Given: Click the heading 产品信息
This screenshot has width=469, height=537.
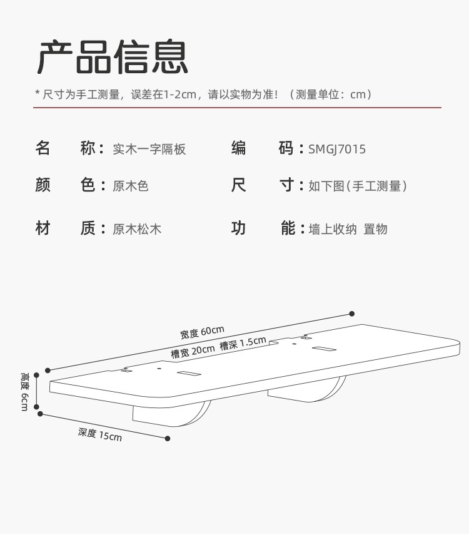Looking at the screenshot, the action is click(x=113, y=58).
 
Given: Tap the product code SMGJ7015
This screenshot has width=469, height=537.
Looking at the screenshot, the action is click(x=337, y=149).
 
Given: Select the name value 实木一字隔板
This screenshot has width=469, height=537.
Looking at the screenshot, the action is click(x=149, y=149).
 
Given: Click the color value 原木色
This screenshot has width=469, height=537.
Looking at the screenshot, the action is click(x=130, y=186).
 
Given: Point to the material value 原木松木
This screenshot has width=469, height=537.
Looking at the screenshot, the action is click(x=136, y=229).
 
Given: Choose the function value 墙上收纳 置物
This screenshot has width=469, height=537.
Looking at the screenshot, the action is click(x=348, y=229).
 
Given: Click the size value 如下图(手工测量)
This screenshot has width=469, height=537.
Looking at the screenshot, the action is click(x=358, y=186).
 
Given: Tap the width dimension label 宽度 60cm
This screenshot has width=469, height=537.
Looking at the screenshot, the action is click(x=202, y=332).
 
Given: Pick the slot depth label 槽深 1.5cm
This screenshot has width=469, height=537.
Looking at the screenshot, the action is click(x=243, y=344).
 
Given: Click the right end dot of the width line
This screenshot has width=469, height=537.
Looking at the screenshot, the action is click(x=352, y=314).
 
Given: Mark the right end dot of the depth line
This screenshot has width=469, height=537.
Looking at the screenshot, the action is click(x=168, y=438).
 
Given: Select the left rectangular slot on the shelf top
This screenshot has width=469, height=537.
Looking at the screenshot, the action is click(x=189, y=374).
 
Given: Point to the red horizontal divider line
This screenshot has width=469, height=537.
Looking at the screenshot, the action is click(x=237, y=108).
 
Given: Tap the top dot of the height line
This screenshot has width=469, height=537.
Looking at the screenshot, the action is click(x=37, y=376).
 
